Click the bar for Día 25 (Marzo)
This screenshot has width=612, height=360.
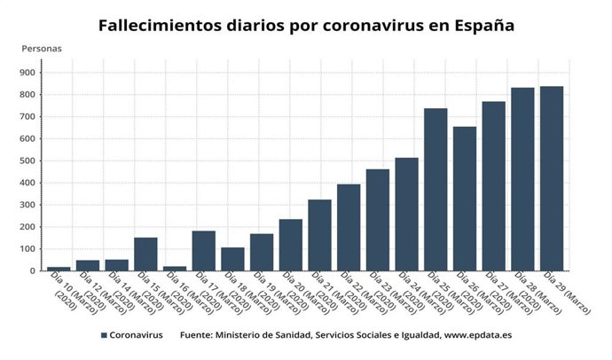click(x=435, y=190)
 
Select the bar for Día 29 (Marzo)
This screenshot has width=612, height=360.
click(x=551, y=178)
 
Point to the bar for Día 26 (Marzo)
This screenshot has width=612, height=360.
click(x=464, y=199)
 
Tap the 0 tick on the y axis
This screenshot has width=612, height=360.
click(x=32, y=271)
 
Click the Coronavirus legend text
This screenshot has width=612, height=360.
click(x=137, y=336)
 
